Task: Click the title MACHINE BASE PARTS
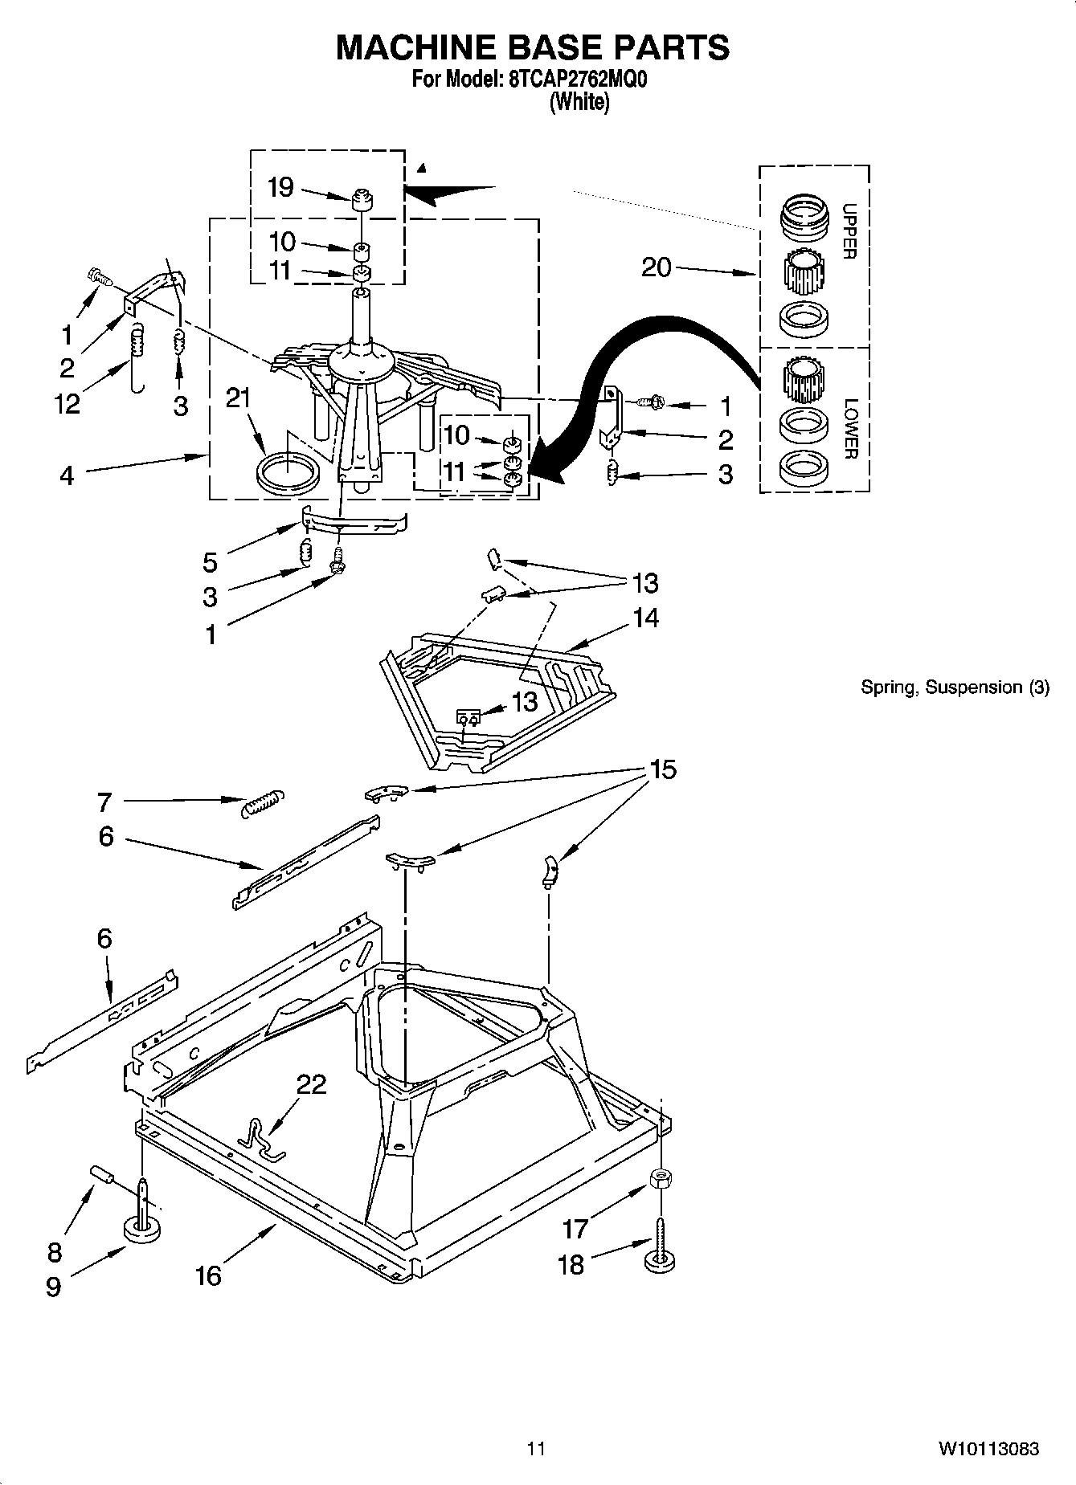532,47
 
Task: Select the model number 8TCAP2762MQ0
578,81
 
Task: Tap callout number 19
280,187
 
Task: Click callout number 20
656,267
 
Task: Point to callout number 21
238,398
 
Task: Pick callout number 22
311,1083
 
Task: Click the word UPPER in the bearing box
849,231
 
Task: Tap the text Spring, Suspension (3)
955,687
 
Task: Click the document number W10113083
988,1449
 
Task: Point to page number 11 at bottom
536,1449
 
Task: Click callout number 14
645,618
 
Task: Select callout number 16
208,1275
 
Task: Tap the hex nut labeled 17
660,1178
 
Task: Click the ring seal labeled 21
287,470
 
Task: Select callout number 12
68,404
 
